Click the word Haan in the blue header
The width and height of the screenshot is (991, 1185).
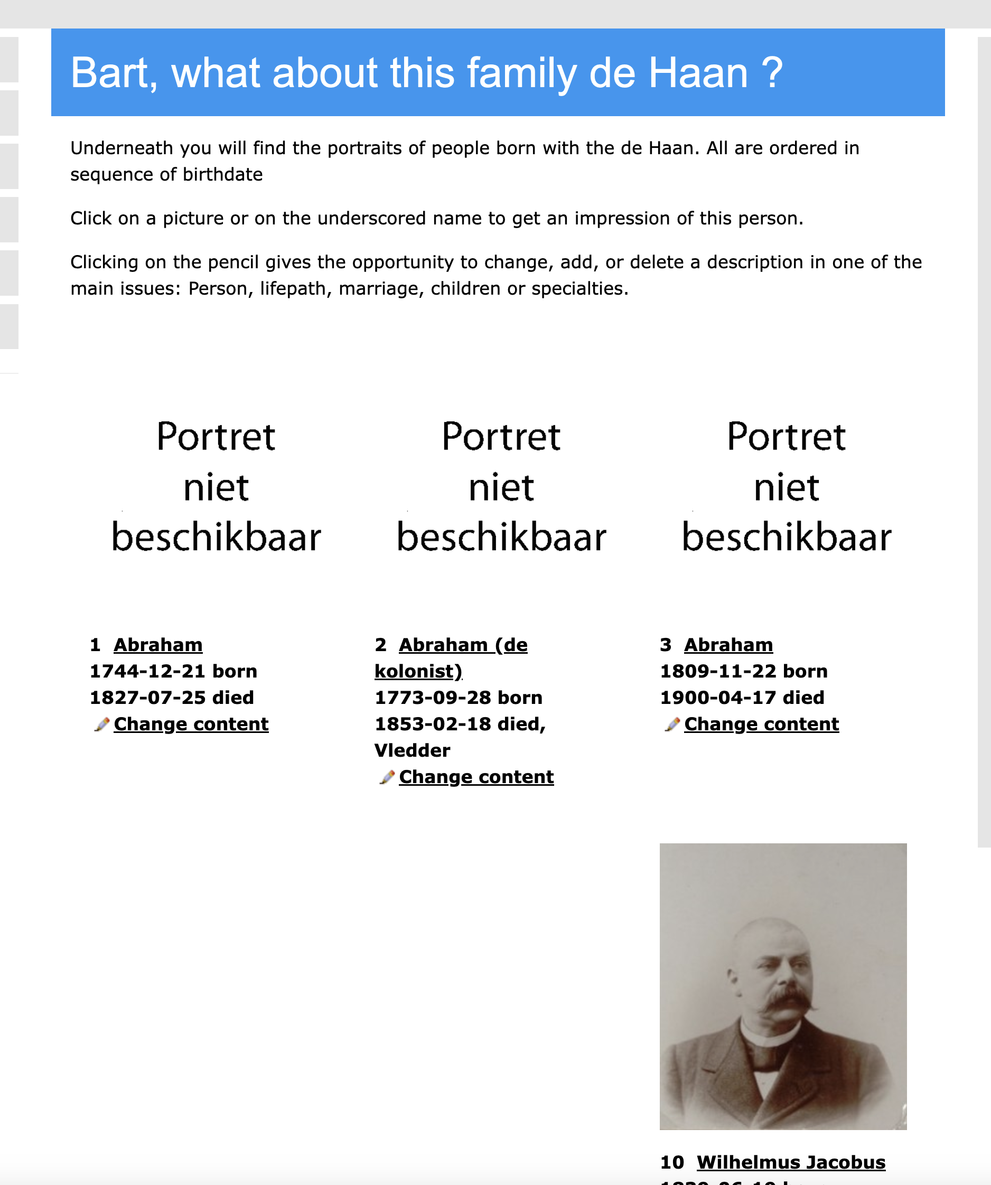pos(697,73)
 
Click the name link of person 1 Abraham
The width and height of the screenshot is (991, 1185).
pos(158,644)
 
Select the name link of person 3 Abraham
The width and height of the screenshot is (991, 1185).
pos(728,644)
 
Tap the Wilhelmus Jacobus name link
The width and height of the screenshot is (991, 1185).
pos(791,1162)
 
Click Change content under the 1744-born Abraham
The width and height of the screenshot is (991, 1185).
pos(191,724)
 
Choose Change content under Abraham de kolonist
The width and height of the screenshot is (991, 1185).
pos(476,777)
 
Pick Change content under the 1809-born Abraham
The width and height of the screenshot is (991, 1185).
pos(761,724)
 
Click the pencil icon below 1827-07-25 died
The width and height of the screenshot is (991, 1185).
pos(101,724)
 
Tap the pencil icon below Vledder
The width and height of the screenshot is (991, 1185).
pos(387,777)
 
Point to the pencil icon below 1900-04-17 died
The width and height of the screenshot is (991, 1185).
pos(672,724)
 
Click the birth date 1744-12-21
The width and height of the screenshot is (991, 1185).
pos(147,671)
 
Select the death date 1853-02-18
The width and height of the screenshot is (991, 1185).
pos(432,724)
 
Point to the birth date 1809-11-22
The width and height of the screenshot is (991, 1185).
pos(718,671)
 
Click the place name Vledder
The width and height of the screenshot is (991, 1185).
pos(412,750)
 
